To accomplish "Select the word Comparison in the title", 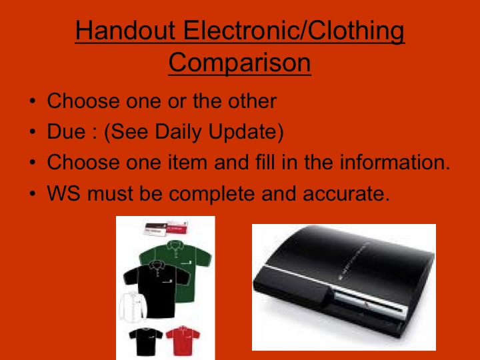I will coord(239,63).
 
